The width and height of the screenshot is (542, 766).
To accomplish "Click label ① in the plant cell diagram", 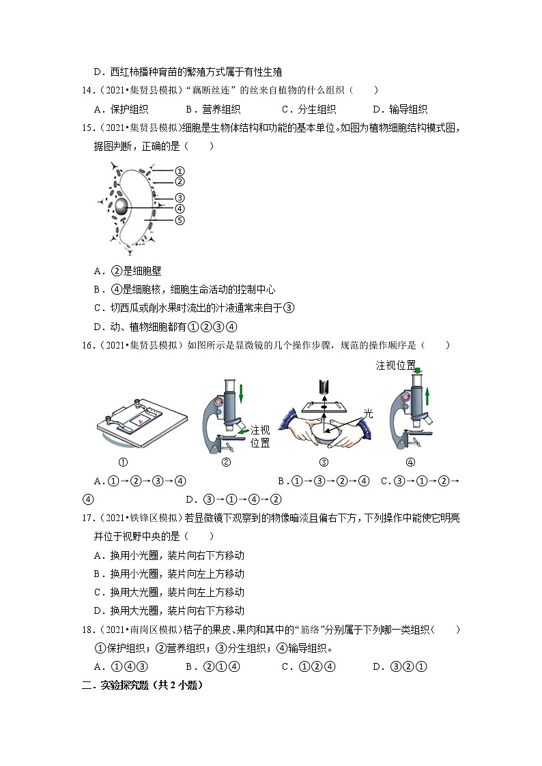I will (180, 171).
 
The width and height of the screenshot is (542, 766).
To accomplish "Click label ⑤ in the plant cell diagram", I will (180, 220).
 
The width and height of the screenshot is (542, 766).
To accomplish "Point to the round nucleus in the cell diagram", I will (121, 207).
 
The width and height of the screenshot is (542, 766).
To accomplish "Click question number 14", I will (87, 90).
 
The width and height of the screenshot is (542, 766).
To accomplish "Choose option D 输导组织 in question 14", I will (399, 108).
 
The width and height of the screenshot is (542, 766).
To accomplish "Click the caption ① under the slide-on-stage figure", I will (124, 462).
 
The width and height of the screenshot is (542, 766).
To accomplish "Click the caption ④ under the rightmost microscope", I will (410, 462).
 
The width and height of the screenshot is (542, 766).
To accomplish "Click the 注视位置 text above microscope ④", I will (396, 366).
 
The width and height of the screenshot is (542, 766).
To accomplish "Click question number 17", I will (87, 518).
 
